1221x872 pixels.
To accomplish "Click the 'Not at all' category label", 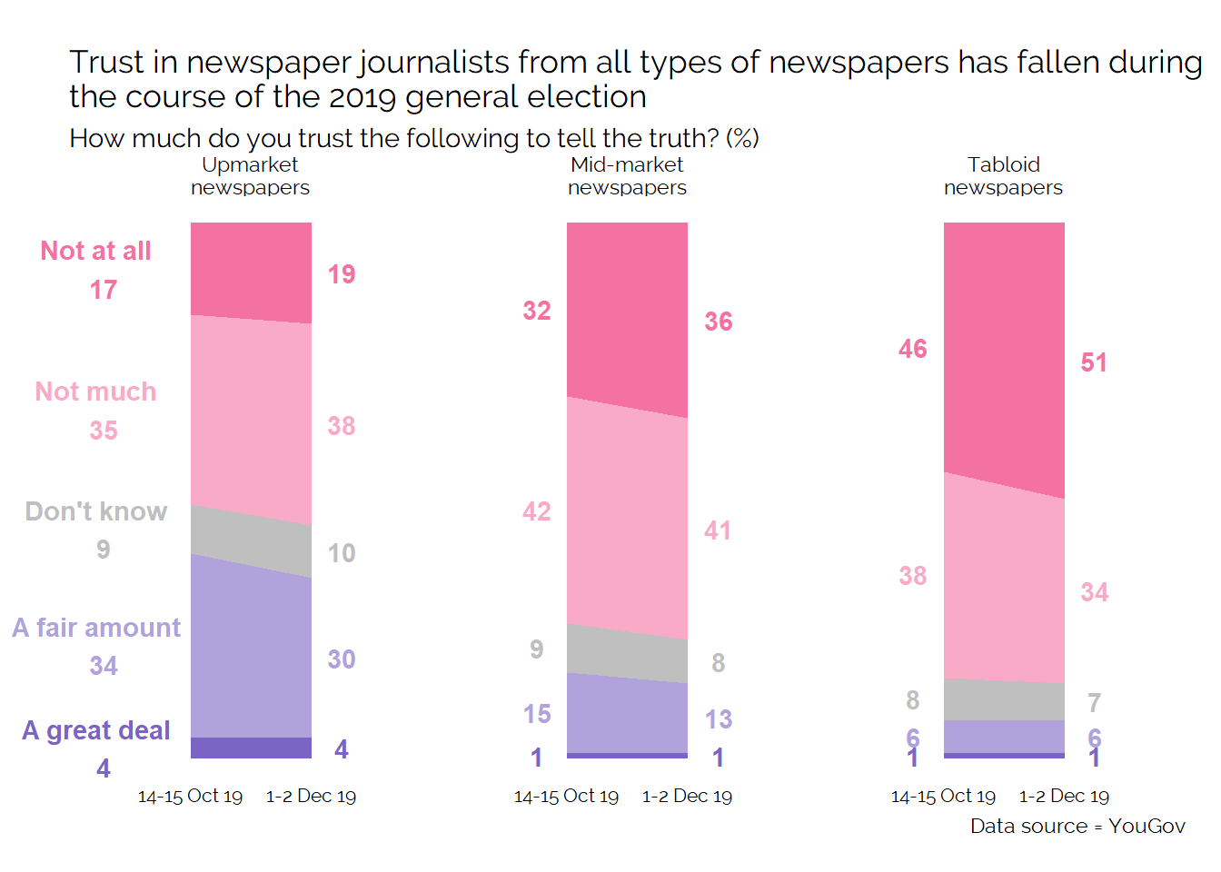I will point(96,251).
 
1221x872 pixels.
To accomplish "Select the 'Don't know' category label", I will point(96,511).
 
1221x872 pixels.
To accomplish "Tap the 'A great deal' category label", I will point(96,730).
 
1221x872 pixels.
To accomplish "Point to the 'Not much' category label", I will point(96,391).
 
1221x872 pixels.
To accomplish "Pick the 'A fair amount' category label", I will point(96,628).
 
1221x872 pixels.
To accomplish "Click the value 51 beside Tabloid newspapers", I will point(1094,363).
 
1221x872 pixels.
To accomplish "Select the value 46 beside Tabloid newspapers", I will point(913,349).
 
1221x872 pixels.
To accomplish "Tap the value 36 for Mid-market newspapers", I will point(719,322).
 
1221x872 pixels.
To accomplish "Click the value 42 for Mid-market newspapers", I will point(537,511).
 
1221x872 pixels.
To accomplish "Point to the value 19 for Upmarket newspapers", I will point(342,274).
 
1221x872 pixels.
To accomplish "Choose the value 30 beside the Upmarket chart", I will point(342,659).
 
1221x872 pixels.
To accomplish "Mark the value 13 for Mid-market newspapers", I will point(719,719).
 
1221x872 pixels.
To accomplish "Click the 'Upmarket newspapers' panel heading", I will point(250,176).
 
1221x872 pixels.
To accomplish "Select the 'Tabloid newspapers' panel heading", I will point(1003,176).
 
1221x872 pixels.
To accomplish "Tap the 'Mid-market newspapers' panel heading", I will point(627,176).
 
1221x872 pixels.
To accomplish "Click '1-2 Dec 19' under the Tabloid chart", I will point(1064,797).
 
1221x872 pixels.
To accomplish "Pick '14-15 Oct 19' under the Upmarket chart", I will point(190,797).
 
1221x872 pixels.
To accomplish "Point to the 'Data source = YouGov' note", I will point(1077,827).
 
